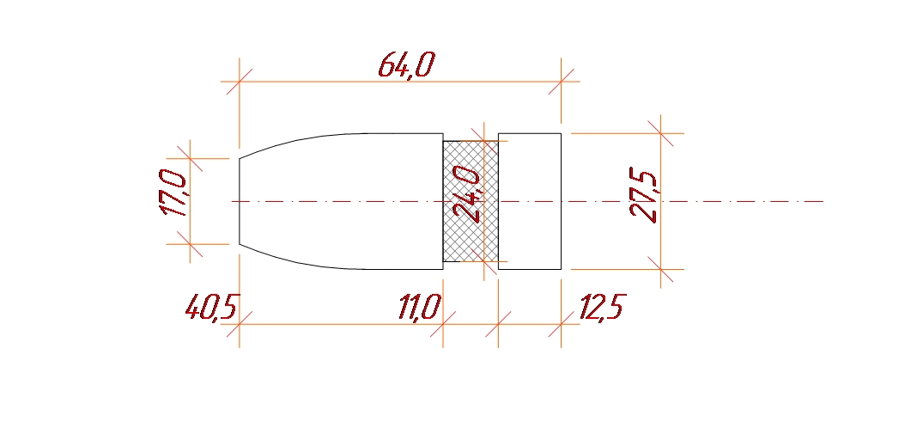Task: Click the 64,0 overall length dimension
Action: click(406, 64)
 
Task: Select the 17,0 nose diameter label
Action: click(173, 193)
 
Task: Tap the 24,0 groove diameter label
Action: click(466, 194)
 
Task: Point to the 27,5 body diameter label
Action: click(643, 195)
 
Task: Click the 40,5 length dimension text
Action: click(211, 307)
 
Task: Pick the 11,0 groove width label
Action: click(420, 307)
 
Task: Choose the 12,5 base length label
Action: click(602, 307)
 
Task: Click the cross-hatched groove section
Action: click(471, 201)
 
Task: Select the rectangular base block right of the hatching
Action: click(530, 201)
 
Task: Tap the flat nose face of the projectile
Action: click(239, 201)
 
